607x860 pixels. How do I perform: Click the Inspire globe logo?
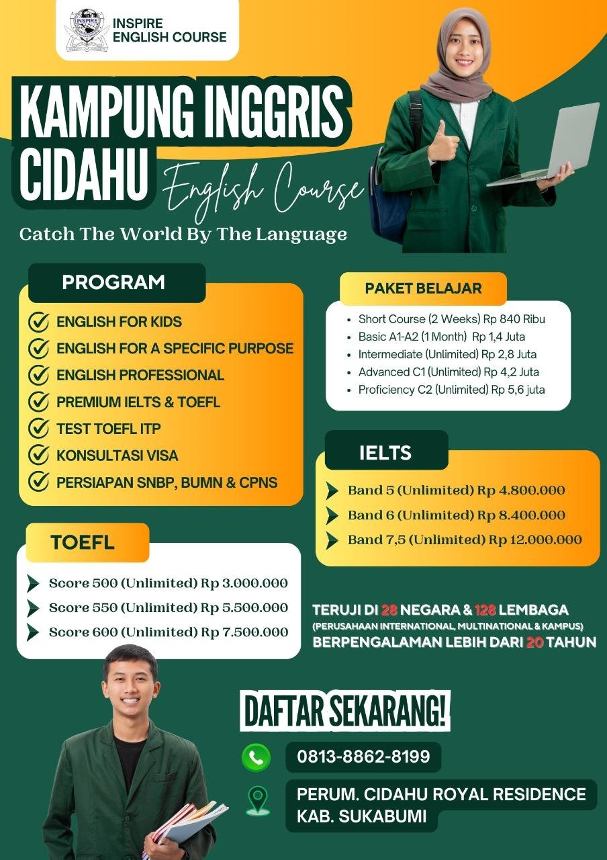point(87,30)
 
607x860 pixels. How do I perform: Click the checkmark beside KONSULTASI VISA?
point(38,455)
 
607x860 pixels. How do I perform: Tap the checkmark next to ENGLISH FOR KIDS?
point(38,321)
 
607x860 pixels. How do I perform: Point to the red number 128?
point(485,609)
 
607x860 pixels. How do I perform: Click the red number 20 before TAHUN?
point(534,642)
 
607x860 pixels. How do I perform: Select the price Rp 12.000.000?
point(535,540)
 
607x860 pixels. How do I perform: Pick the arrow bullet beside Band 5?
point(332,490)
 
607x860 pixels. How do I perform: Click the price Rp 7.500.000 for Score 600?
point(244,632)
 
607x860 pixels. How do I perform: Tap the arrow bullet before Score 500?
point(33,583)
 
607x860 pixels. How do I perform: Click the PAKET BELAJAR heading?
point(423,288)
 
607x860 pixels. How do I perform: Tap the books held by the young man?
point(184,826)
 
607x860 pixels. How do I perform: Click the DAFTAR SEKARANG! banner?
point(345,712)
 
